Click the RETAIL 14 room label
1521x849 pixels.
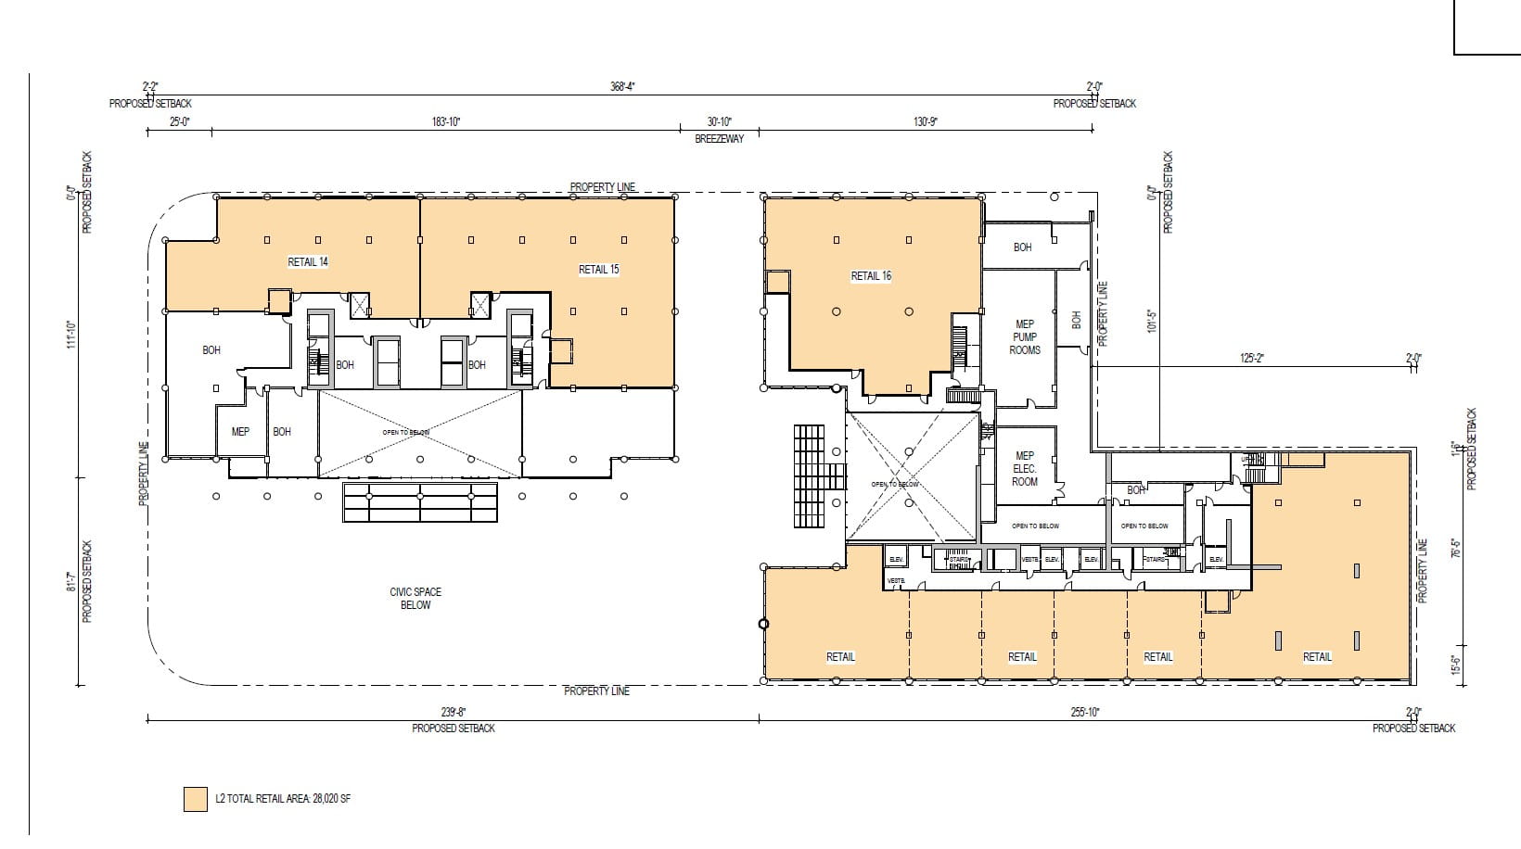click(x=308, y=262)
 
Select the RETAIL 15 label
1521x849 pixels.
click(x=598, y=270)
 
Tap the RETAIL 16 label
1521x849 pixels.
click(x=871, y=276)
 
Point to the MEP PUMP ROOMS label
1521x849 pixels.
click(x=1025, y=337)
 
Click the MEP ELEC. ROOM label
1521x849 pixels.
click(x=1025, y=469)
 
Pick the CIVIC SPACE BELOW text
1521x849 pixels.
click(x=415, y=599)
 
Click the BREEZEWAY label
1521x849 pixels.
click(x=719, y=139)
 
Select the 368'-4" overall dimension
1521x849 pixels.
click(x=622, y=86)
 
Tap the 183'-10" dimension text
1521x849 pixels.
click(x=446, y=121)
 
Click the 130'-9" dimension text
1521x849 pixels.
click(x=925, y=121)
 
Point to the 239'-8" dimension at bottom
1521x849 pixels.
click(x=454, y=712)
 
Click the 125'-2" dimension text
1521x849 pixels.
click(x=1252, y=358)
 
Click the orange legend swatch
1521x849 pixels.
click(x=195, y=799)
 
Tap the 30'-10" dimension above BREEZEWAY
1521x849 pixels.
click(x=719, y=121)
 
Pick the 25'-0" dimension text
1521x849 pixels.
click(x=179, y=121)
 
